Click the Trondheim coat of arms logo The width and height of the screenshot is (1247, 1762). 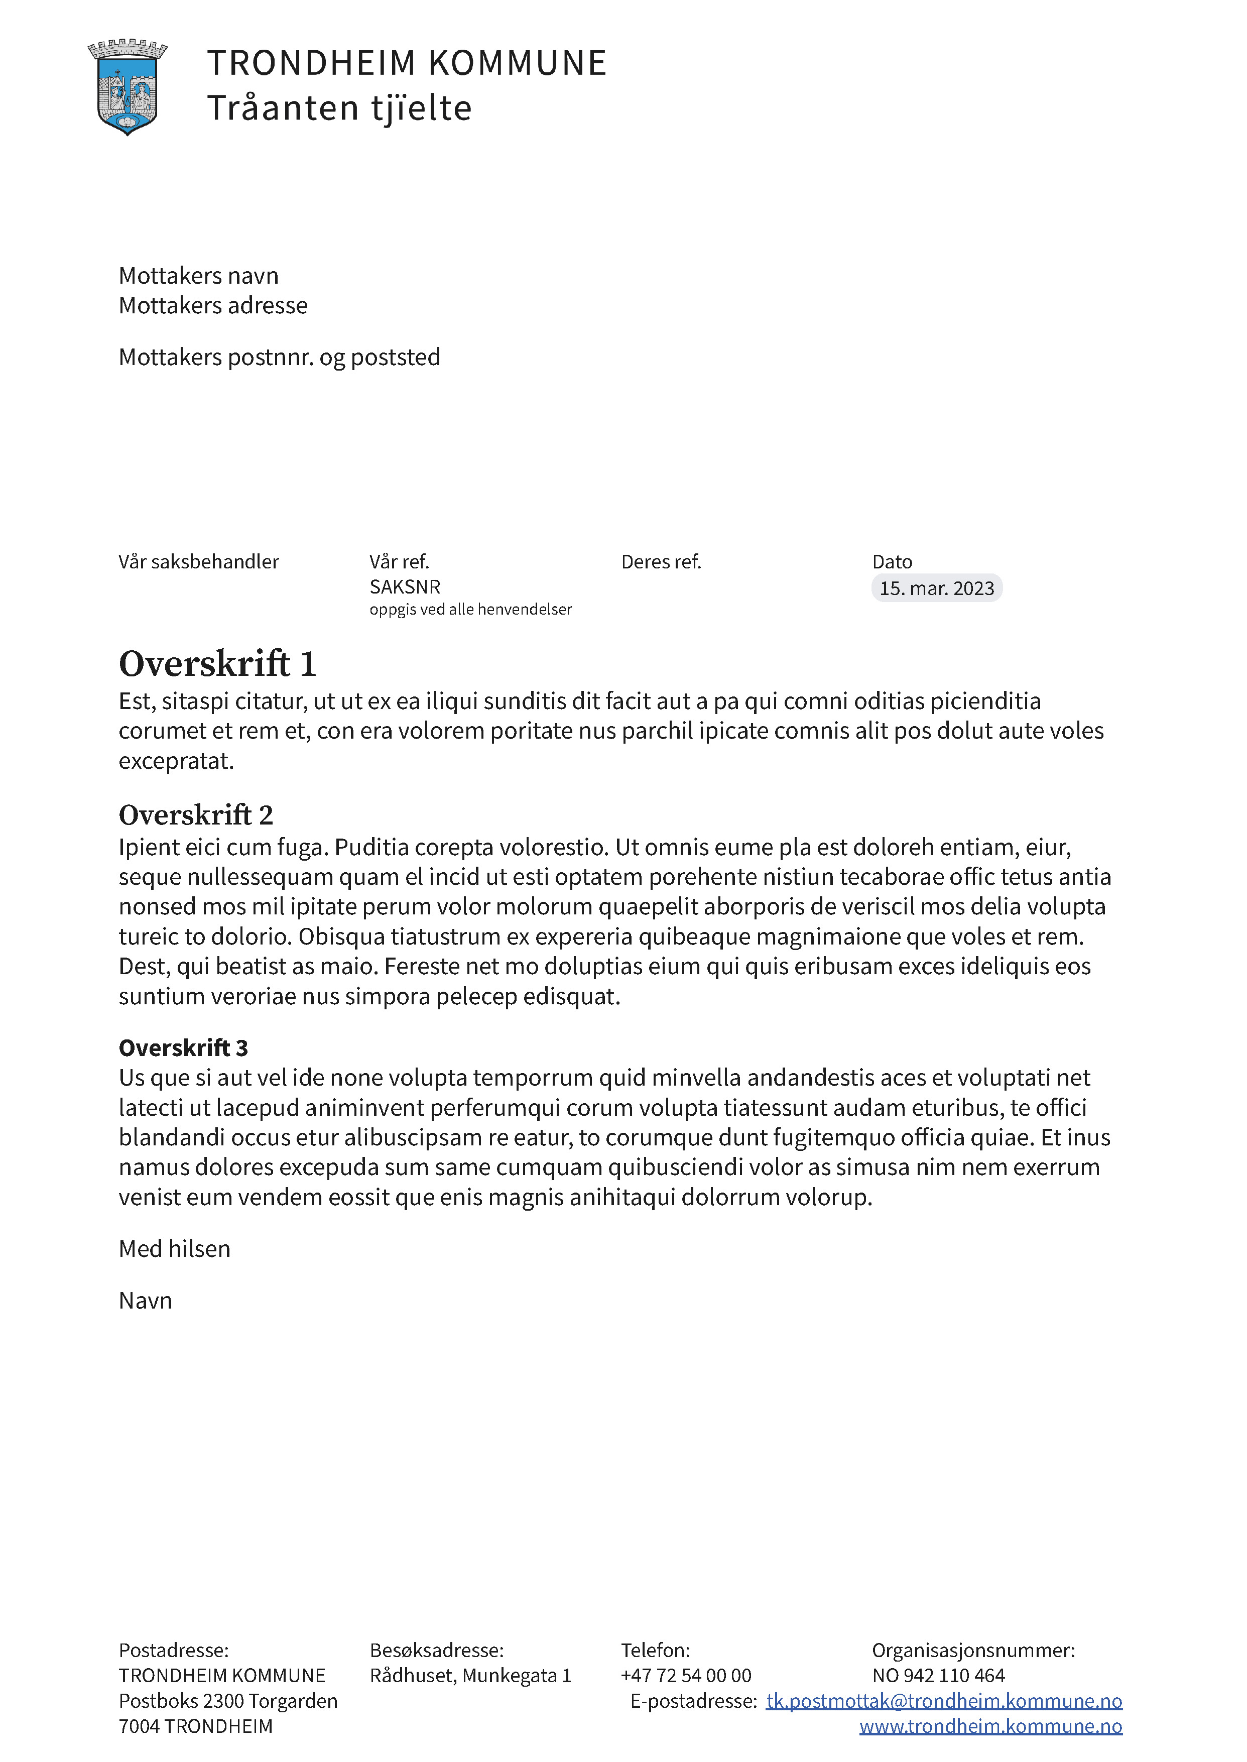(x=128, y=87)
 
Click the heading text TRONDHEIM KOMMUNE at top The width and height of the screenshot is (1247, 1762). (x=407, y=63)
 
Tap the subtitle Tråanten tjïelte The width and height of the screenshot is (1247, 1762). (x=339, y=108)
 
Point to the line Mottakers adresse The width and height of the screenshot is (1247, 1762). (x=213, y=306)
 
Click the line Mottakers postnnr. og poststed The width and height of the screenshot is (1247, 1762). (x=280, y=357)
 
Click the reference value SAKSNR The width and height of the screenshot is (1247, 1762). (x=405, y=587)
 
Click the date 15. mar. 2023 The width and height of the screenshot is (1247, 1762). (x=936, y=589)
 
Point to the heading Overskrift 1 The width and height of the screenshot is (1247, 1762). (x=217, y=664)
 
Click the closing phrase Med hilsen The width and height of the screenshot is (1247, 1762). (x=174, y=1249)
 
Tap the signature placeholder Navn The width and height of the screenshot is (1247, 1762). (x=145, y=1301)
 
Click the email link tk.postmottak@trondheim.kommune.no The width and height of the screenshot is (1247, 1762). (x=944, y=1701)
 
